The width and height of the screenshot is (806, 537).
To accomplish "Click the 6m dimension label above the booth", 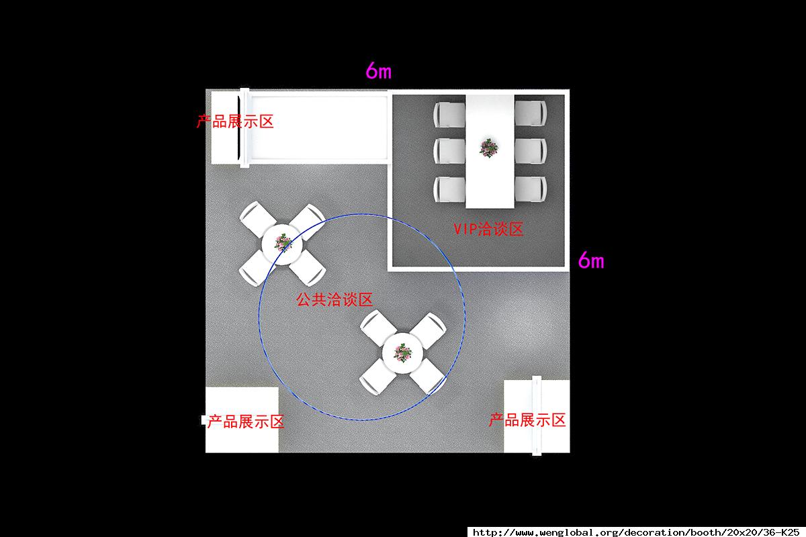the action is click(379, 70).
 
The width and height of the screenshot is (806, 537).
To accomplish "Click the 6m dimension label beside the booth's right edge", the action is click(591, 260).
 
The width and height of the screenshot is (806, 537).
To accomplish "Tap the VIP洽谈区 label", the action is click(488, 229).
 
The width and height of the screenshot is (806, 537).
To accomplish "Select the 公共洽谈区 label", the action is click(334, 299).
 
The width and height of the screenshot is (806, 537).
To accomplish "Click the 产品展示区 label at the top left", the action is click(235, 121).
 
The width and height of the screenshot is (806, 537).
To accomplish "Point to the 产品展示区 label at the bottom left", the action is click(245, 422).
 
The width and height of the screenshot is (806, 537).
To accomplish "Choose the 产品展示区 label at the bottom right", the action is click(527, 420).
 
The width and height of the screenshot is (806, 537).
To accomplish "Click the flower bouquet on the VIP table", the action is click(489, 148).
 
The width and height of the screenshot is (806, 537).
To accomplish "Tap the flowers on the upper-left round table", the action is click(283, 243).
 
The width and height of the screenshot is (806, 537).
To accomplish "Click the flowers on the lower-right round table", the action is click(402, 353).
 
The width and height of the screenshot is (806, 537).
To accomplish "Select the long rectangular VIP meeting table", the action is click(490, 152).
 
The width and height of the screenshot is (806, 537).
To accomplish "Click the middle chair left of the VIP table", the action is click(449, 151).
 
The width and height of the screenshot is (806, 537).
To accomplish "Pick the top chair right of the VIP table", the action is click(531, 113).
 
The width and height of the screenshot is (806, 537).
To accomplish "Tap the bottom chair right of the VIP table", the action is click(531, 189).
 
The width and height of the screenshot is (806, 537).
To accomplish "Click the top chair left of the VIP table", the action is click(449, 114).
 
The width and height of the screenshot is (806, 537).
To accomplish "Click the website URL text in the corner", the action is click(636, 532).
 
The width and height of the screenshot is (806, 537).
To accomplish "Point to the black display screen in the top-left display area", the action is click(239, 128).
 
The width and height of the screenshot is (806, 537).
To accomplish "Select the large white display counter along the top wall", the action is click(319, 128).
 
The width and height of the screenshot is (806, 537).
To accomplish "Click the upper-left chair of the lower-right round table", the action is click(377, 328).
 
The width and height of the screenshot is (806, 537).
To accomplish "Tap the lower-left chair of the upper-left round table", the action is click(256, 268).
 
